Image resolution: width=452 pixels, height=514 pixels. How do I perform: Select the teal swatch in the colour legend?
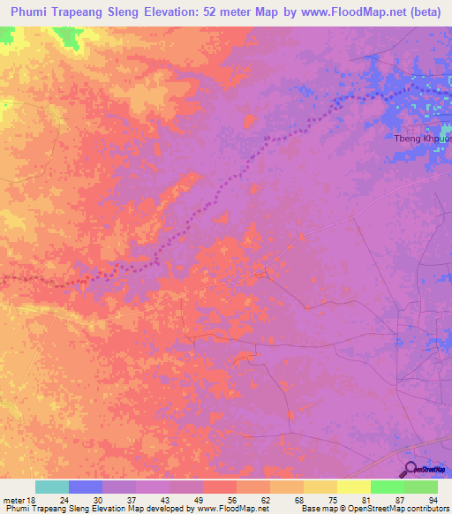click(52, 487)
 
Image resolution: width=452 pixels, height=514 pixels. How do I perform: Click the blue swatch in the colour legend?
click(86, 487)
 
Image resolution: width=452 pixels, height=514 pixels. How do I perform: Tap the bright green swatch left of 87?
click(387, 487)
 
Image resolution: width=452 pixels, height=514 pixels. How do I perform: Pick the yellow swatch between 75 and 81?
click(353, 487)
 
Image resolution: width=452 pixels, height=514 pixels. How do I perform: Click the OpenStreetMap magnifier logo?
click(411, 468)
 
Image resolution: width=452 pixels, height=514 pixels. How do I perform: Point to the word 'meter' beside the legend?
click(11, 499)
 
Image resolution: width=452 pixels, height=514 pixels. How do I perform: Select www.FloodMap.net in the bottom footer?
click(232, 509)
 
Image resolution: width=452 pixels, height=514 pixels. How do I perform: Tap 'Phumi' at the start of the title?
click(28, 11)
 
